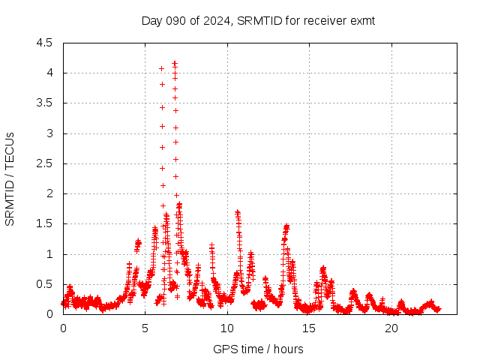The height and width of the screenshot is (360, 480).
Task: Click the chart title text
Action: pos(258,20)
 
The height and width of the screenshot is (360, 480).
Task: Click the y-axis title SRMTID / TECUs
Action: pos(10,178)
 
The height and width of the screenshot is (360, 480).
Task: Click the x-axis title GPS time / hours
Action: pos(258,349)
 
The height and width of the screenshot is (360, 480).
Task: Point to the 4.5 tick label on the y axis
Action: pos(45,43)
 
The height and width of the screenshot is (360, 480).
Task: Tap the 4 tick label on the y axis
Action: pos(49,73)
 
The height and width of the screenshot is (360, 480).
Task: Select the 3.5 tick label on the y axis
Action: pos(45,103)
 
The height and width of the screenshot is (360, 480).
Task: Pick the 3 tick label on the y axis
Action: pos(49,133)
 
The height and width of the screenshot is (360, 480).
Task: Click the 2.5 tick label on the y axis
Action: pos(45,163)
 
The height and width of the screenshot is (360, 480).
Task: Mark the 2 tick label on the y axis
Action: pos(49,193)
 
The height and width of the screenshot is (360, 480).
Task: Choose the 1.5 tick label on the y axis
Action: pos(45,223)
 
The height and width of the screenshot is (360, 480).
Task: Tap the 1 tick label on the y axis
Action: pos(49,254)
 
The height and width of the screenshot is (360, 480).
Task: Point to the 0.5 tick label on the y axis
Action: pos(45,284)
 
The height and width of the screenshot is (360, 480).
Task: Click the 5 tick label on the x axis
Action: pos(145,328)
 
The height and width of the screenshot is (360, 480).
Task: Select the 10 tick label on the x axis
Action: pos(227,328)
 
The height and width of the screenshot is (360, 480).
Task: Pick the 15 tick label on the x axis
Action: pos(310,328)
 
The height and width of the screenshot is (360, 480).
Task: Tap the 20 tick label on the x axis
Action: pos(391,328)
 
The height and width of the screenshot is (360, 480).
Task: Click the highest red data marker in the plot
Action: pos(175,64)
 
